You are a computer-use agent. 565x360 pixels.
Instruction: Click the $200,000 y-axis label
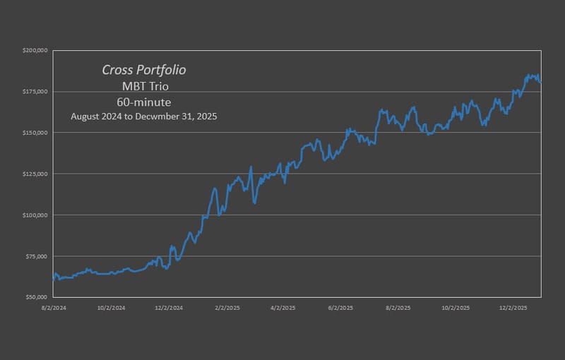(x=35, y=51)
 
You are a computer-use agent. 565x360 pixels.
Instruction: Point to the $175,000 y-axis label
(x=35, y=92)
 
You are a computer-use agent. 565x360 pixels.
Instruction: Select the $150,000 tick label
(x=35, y=133)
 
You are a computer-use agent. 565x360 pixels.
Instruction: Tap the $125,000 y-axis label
(x=35, y=174)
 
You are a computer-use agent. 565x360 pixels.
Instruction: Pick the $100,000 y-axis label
(x=35, y=215)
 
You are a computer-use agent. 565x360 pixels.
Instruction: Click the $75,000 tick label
(x=37, y=256)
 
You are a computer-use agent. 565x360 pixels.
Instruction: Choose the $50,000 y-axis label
(x=37, y=297)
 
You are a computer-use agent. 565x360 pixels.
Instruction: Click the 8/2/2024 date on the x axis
(x=54, y=308)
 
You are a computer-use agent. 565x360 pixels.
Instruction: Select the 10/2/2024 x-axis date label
(x=112, y=308)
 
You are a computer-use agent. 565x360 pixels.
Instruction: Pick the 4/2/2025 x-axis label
(x=283, y=308)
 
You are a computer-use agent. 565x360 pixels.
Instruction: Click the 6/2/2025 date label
(x=341, y=308)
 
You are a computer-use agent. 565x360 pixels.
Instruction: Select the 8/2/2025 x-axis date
(x=398, y=308)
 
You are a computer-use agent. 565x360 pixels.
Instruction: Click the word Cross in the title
(x=117, y=70)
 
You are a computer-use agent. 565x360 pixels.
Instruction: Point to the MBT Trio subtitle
(x=144, y=86)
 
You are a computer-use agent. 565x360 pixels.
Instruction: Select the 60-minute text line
(x=144, y=102)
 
